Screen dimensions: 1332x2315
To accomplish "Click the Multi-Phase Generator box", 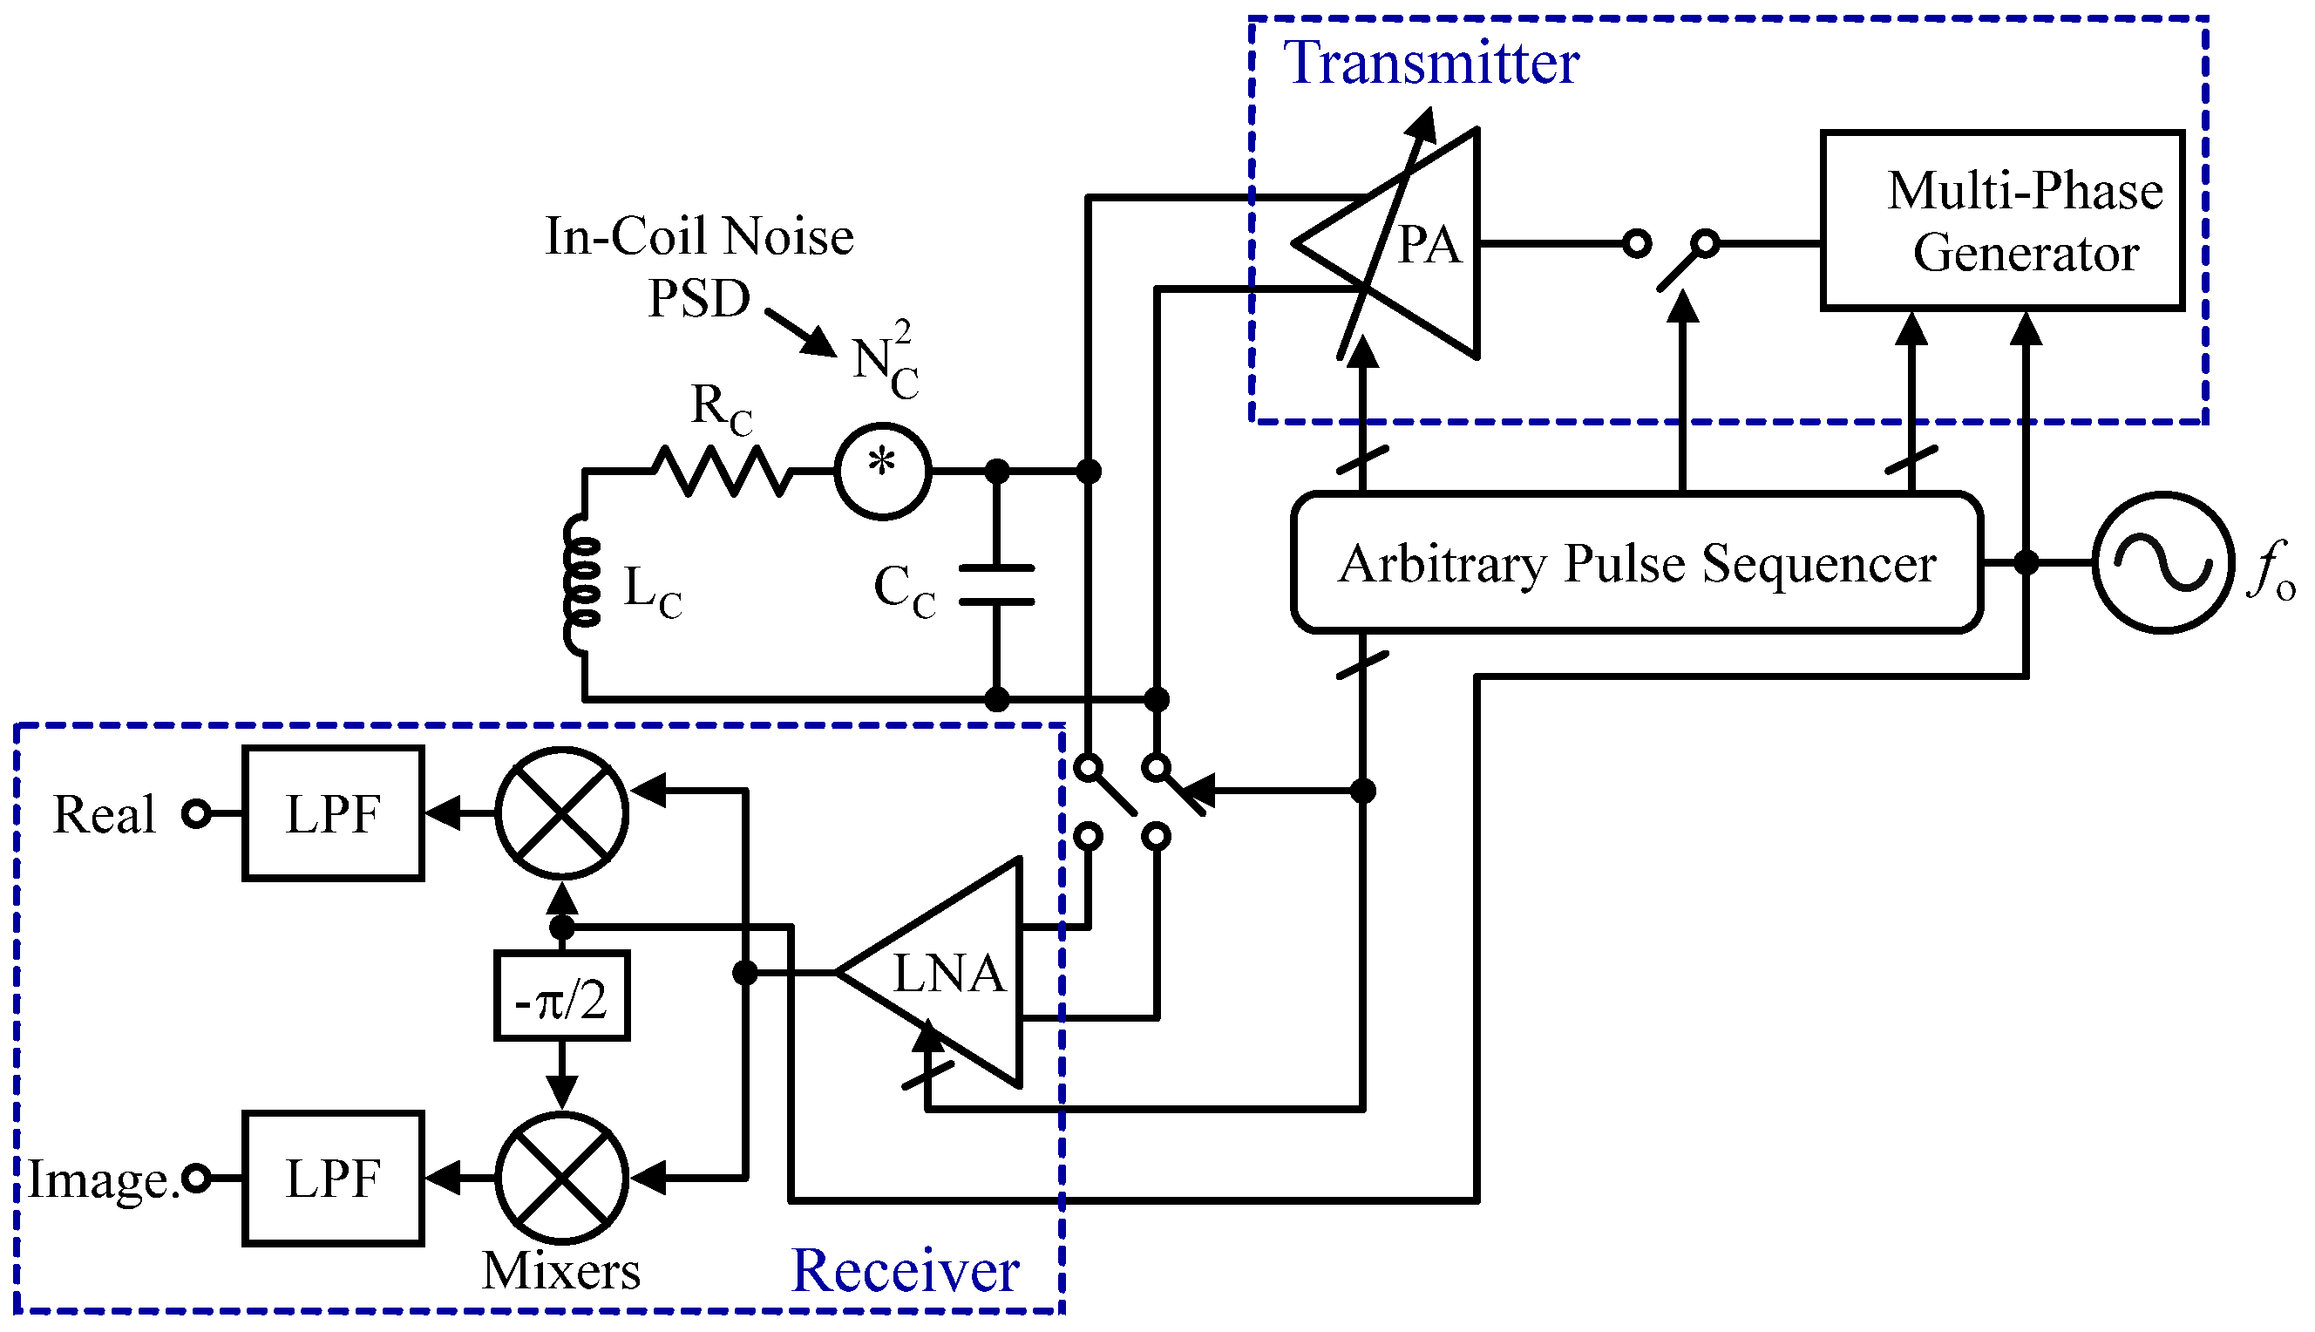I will click(x=2001, y=221).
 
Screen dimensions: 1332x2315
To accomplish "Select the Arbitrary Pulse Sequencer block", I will click(x=1636, y=562).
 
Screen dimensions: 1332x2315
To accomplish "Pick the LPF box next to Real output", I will click(x=333, y=813).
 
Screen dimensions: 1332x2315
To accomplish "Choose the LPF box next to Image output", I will click(x=333, y=1179).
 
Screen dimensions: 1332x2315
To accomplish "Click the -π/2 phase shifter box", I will click(x=561, y=997).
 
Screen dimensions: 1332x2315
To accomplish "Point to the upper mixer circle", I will click(x=561, y=813).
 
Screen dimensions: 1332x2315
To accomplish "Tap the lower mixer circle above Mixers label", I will click(x=561, y=1179).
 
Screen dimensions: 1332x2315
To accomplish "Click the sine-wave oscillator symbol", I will click(x=2163, y=562).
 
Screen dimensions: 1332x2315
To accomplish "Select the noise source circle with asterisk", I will click(x=883, y=471).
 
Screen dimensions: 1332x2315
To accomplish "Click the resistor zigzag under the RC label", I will click(x=723, y=471).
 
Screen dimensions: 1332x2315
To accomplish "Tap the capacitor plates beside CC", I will click(x=997, y=586).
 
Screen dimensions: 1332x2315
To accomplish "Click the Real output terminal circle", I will click(x=197, y=813).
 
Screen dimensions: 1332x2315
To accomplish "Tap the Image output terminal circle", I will click(x=197, y=1179).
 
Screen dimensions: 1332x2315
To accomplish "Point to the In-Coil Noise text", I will click(x=699, y=236).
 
